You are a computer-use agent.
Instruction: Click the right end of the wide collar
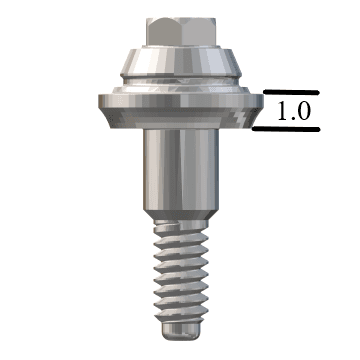point(259,103)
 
